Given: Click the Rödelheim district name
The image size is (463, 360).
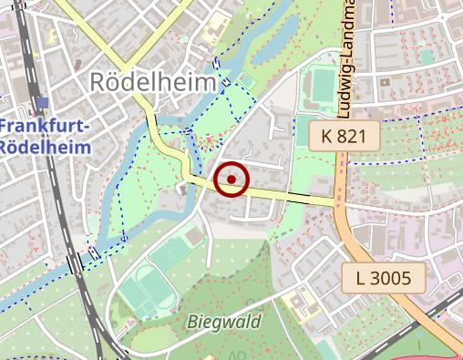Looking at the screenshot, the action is [x=154, y=82].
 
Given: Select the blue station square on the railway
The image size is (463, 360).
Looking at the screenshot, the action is [x=43, y=102].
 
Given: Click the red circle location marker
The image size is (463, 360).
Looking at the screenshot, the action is [x=231, y=180].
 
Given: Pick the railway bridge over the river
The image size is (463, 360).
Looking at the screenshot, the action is [x=74, y=263].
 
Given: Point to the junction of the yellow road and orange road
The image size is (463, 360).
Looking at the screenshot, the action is [x=339, y=203].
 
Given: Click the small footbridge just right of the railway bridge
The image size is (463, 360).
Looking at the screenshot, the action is [x=93, y=252].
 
